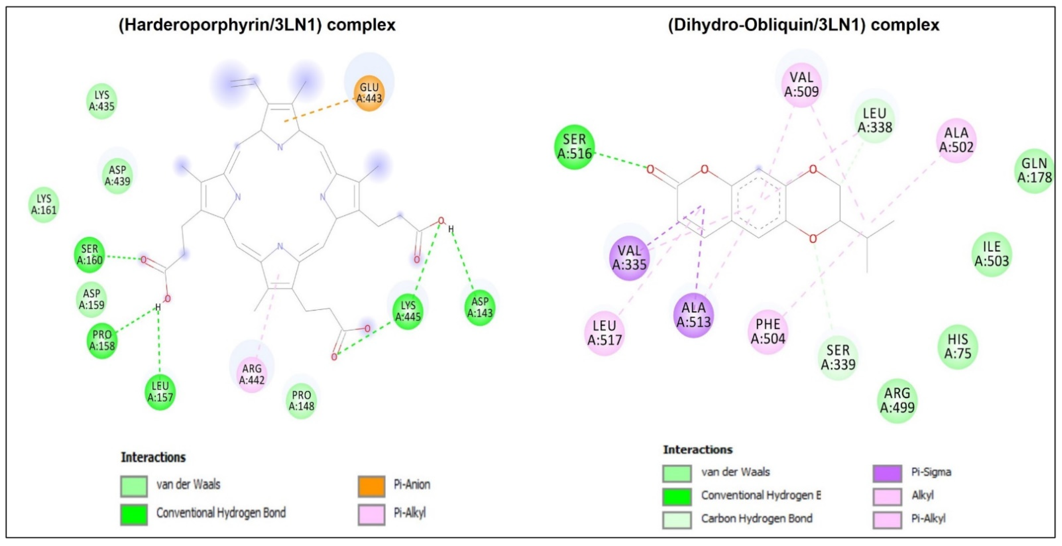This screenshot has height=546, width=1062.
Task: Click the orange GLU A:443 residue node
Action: [369, 93]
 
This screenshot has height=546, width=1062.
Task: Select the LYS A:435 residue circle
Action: [102, 101]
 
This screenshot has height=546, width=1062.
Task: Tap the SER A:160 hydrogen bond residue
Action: [90, 254]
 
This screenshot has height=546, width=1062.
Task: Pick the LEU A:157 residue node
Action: [160, 392]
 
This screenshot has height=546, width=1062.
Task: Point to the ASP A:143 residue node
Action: [480, 307]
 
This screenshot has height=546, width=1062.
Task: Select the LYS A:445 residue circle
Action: [408, 311]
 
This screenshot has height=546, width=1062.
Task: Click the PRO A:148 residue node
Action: [301, 400]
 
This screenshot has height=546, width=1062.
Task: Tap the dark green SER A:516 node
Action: [574, 147]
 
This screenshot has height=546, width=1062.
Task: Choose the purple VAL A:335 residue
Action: [629, 258]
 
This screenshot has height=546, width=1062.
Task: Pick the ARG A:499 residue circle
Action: [897, 400]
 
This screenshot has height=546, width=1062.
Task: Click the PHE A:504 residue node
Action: [768, 332]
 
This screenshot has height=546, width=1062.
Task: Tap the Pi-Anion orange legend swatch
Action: [371, 486]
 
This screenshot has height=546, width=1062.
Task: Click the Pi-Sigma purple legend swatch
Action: [887, 473]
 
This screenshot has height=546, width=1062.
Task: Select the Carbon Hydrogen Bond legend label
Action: [756, 518]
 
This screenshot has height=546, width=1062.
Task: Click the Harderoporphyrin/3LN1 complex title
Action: [257, 25]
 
